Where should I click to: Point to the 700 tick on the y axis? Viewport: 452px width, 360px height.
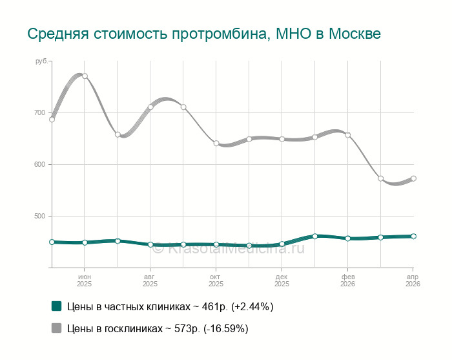point(39,113)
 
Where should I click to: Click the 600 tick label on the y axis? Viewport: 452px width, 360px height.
point(39,165)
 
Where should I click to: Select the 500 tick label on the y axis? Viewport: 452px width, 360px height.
point(39,217)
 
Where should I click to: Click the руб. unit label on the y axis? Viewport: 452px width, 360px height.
point(41,61)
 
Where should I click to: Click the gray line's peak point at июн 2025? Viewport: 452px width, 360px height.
point(85,76)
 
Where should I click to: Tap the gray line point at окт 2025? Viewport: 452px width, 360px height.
point(216,143)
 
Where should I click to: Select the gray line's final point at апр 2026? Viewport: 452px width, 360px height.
point(413,178)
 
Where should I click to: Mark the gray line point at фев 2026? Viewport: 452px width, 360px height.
point(347,135)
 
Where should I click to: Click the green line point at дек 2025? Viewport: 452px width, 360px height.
point(282,244)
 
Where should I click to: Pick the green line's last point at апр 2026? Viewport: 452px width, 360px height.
point(413,237)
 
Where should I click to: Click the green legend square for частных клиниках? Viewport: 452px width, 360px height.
point(56,306)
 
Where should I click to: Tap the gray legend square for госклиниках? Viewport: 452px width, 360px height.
point(56,328)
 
